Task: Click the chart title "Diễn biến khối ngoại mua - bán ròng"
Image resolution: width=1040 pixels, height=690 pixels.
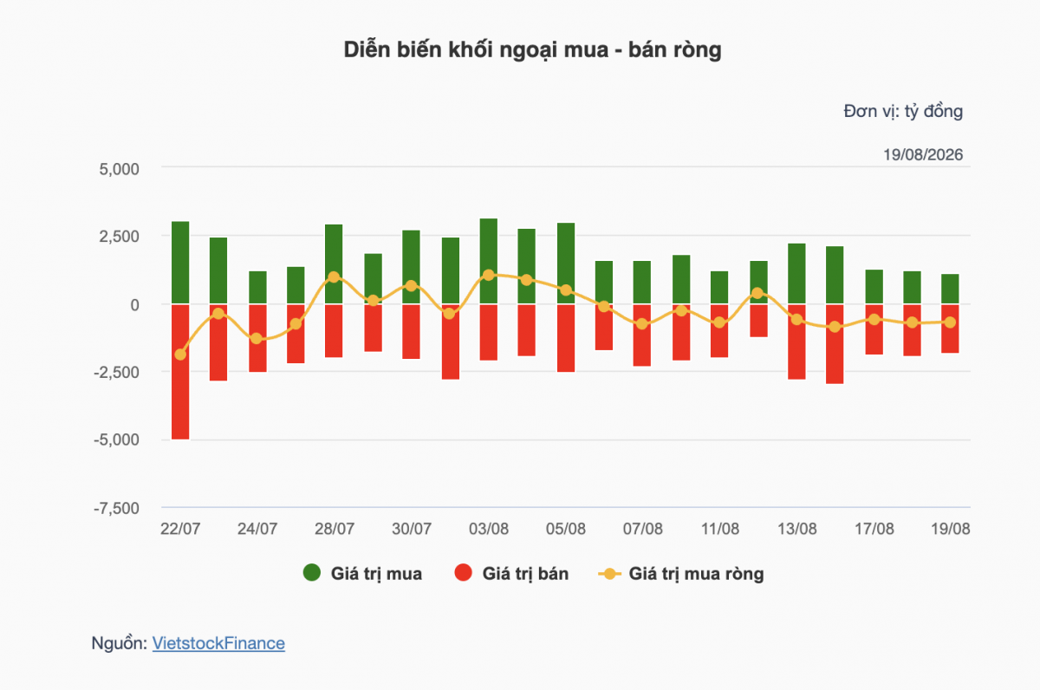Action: tap(532, 50)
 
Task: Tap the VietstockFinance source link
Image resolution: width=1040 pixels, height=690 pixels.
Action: tap(218, 643)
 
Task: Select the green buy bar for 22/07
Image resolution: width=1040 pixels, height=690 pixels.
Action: tap(180, 263)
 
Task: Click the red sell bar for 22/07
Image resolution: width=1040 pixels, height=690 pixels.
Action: tap(180, 372)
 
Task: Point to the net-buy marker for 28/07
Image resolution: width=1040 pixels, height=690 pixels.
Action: tap(334, 277)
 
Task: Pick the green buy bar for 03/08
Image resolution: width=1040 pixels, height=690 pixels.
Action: tap(489, 262)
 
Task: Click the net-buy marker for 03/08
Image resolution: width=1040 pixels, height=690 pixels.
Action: tap(489, 276)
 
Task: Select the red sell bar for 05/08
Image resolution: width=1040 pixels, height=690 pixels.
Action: tap(566, 338)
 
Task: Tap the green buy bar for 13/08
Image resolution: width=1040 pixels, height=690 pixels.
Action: tap(796, 274)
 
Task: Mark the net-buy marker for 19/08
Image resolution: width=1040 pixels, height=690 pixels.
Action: tap(950, 322)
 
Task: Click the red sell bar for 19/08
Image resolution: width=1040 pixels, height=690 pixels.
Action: tap(950, 329)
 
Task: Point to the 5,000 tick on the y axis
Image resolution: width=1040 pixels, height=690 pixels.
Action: tap(119, 169)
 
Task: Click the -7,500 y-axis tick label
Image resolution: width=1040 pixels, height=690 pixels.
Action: tap(116, 509)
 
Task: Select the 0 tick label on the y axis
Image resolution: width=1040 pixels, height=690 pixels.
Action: tap(134, 305)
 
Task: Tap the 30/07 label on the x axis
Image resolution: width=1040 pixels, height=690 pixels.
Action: tap(412, 529)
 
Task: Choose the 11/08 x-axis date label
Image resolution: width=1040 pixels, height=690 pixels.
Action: tap(719, 529)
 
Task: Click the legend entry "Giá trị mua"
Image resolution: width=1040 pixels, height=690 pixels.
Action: tap(362, 574)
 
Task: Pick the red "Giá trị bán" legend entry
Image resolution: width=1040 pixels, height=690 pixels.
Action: tap(511, 574)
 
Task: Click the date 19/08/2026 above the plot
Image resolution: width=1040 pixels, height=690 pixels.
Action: tap(923, 154)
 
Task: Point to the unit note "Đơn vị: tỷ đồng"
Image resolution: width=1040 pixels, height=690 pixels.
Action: tap(903, 112)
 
